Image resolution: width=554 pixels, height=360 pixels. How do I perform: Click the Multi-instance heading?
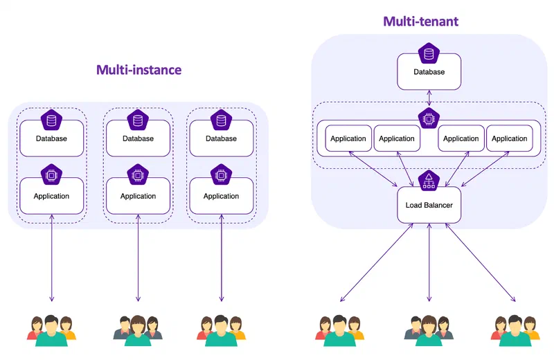click(x=139, y=70)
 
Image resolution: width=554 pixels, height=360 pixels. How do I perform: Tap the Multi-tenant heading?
click(x=421, y=21)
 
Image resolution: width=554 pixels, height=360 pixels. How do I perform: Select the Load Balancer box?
click(x=429, y=205)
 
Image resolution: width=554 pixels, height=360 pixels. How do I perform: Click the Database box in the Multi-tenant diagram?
click(x=429, y=72)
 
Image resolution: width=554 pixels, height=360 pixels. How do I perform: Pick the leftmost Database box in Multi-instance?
click(x=51, y=138)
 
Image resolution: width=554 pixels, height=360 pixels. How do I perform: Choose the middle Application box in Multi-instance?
click(x=138, y=196)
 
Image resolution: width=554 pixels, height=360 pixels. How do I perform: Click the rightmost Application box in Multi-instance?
click(x=222, y=196)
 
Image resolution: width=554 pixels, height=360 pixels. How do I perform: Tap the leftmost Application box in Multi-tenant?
click(x=348, y=138)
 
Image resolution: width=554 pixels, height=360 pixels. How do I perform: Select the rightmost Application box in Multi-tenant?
click(x=510, y=138)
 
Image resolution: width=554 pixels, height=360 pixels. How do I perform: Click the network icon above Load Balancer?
click(x=429, y=181)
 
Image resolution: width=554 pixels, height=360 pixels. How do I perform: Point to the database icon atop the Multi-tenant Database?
click(x=429, y=54)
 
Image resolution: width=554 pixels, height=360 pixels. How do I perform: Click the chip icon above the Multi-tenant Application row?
click(x=429, y=118)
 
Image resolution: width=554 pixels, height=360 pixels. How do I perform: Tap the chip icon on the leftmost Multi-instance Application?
click(x=51, y=175)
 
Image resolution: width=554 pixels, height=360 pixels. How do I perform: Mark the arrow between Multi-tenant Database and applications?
click(x=429, y=98)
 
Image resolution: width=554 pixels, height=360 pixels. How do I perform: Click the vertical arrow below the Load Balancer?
click(x=429, y=262)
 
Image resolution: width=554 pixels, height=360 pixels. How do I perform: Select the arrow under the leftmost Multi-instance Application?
click(x=51, y=258)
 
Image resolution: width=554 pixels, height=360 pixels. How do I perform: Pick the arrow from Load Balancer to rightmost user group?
click(x=480, y=262)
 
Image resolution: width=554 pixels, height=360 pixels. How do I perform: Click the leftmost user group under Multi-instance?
click(x=51, y=331)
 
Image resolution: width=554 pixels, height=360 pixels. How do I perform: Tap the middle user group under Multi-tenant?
click(x=429, y=331)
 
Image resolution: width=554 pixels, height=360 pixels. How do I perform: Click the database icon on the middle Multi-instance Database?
click(x=138, y=120)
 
